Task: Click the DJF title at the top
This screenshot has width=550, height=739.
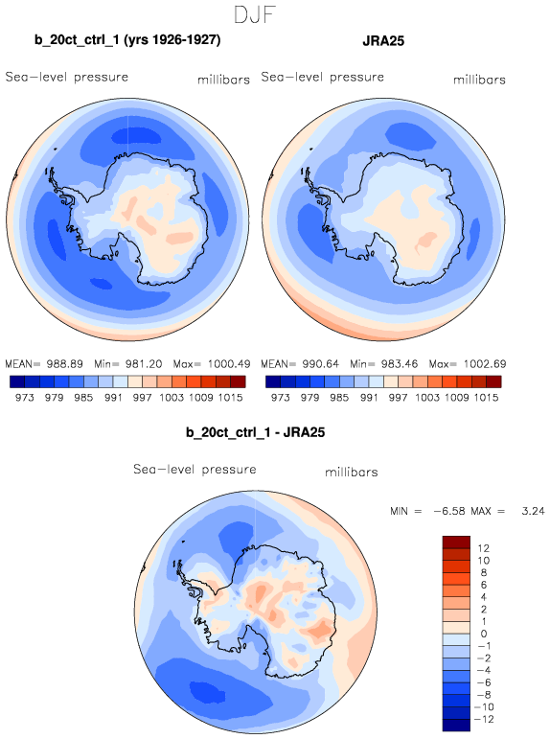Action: coord(255,15)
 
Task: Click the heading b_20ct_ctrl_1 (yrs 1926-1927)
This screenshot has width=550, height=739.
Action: coord(127,40)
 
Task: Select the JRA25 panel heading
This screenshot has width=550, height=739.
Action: coord(383,41)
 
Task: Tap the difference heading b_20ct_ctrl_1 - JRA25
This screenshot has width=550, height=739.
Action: coord(256,432)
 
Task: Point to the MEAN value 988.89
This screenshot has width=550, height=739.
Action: coord(64,364)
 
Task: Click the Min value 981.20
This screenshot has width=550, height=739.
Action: coord(144,364)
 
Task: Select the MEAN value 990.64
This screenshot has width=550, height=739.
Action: coord(320,364)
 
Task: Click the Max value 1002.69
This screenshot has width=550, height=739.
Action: coord(485,364)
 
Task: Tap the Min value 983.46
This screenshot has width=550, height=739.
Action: coord(400,364)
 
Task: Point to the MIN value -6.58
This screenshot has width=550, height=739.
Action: coord(449,511)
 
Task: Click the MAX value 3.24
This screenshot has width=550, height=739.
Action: coord(533,511)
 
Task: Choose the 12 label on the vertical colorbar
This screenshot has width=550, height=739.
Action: coord(483,548)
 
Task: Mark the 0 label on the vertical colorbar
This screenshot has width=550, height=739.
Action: coord(484,634)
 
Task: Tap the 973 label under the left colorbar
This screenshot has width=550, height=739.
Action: coord(25,398)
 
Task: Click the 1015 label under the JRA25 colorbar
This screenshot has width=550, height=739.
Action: coord(486,398)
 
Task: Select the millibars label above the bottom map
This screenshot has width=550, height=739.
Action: coord(352,472)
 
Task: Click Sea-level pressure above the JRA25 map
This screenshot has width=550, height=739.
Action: coord(322,77)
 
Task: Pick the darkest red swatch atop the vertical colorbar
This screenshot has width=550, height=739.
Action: coord(456,542)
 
